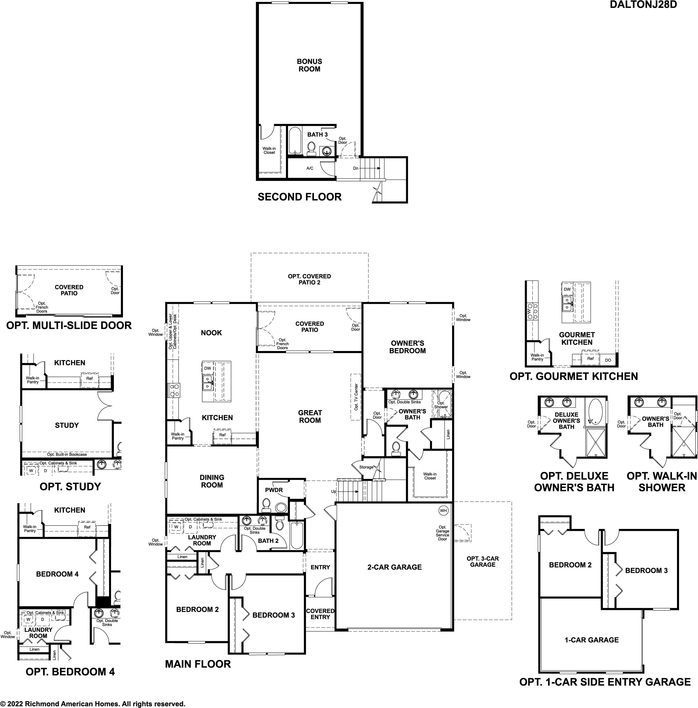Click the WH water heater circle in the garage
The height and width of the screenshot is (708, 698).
pos(443,510)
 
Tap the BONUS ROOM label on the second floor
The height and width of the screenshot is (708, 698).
pos(310,65)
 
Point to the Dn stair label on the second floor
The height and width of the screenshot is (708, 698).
pos(356,168)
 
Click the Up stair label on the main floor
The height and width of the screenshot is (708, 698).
pos(333,491)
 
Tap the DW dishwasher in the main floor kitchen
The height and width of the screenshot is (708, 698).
pos(208,368)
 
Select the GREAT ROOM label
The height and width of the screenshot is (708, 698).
pos(310,416)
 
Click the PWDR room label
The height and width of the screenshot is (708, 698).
pos(274,490)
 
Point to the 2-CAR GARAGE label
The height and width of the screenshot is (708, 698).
pos(394,567)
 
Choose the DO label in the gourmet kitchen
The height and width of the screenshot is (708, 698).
pos(608,360)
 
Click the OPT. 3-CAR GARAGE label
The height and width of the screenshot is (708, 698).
pos(483,561)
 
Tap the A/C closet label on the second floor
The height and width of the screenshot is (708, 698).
pos(310,168)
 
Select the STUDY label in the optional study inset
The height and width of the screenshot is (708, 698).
pos(67,425)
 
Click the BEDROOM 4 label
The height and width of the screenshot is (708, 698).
pos(57,574)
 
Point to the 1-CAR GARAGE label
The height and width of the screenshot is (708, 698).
pos(592,640)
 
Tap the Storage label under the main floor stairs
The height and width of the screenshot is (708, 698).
pos(366,467)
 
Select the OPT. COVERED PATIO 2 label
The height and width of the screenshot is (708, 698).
pos(310,279)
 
